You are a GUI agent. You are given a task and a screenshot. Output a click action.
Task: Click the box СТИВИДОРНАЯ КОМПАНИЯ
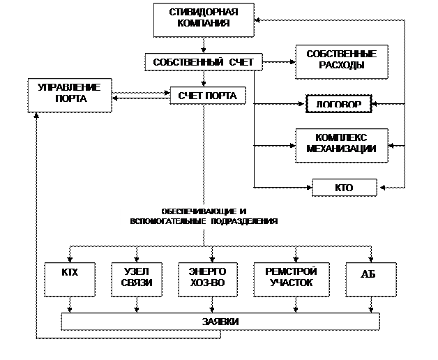(x=204, y=20)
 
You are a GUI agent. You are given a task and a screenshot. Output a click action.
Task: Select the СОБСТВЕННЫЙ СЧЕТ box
(x=204, y=62)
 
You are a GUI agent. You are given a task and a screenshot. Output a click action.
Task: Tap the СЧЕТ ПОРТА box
(x=207, y=96)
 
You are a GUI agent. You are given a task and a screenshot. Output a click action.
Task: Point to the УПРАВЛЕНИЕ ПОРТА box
(x=70, y=93)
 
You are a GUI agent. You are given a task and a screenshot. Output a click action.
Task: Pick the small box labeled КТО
(x=345, y=188)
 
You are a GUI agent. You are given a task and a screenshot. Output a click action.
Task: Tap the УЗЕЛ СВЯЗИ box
(x=137, y=278)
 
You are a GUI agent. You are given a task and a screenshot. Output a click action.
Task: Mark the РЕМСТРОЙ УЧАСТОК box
(x=291, y=278)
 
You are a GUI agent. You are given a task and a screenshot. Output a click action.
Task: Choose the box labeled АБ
(x=370, y=279)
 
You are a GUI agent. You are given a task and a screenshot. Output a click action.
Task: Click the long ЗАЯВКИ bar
(x=220, y=322)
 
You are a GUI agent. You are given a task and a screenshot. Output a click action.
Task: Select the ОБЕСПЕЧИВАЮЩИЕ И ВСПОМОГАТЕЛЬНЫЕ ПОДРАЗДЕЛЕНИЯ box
(x=204, y=216)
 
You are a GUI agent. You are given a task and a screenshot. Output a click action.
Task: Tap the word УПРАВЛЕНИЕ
(x=70, y=87)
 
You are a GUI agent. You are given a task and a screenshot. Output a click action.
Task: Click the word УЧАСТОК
(x=291, y=284)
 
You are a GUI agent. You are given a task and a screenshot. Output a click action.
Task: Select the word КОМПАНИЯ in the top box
(x=204, y=25)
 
